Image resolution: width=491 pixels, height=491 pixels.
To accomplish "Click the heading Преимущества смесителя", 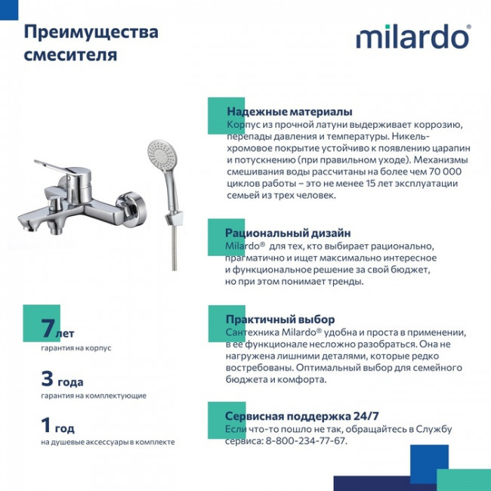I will click(x=91, y=44).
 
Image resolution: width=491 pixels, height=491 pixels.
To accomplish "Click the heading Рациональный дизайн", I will click(x=277, y=233).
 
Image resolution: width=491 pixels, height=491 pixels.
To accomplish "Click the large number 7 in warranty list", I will click(x=48, y=329).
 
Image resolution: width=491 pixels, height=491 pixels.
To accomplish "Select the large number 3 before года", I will click(x=47, y=379).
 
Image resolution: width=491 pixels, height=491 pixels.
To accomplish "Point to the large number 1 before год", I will click(x=47, y=425).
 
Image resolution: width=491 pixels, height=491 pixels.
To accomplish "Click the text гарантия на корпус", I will click(x=76, y=348).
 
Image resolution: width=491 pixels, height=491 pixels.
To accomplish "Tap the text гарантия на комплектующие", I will click(x=94, y=395).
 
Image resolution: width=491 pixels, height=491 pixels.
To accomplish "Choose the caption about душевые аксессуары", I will click(x=108, y=442).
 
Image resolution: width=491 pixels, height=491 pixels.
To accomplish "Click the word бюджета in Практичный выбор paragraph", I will click(x=246, y=380).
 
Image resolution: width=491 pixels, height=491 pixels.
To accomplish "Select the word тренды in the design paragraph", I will click(x=344, y=282).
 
